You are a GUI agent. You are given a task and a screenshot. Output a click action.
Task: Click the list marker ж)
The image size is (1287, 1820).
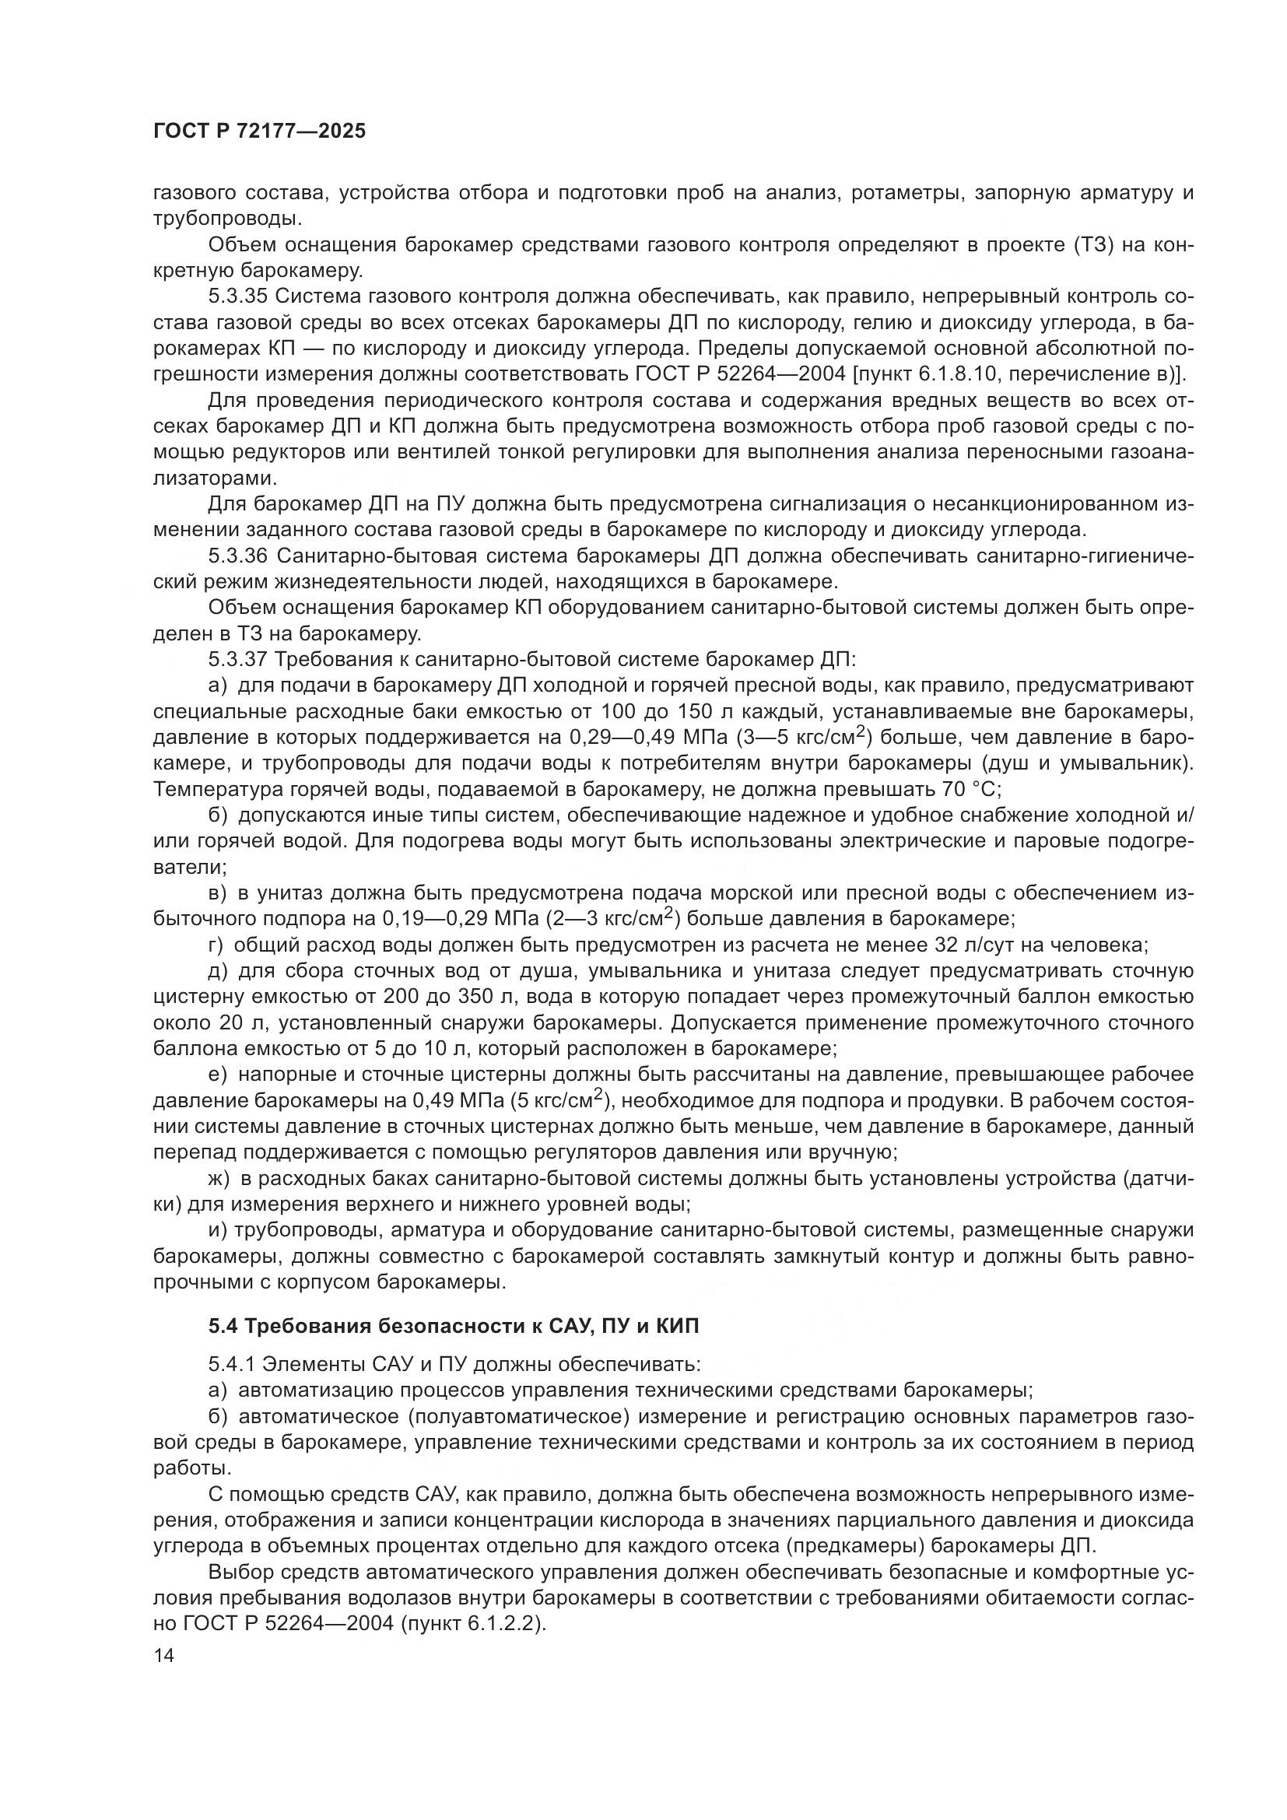click(218, 1179)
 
